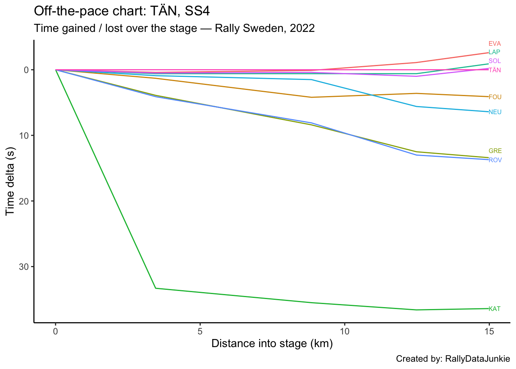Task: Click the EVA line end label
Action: (495, 44)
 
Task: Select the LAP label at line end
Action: (494, 52)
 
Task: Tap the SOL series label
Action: (495, 61)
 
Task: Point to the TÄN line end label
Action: (495, 70)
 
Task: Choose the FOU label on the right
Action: (495, 97)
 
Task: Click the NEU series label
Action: (495, 112)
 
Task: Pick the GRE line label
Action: (495, 151)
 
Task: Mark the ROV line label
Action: (495, 160)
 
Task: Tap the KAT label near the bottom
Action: (495, 309)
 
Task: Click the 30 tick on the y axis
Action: (24, 267)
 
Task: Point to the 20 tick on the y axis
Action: (24, 201)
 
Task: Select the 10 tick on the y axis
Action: (24, 136)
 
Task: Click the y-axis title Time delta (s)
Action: (10, 181)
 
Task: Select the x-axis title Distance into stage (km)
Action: (272, 344)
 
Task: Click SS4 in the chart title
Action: (197, 11)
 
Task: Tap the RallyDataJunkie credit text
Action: (477, 359)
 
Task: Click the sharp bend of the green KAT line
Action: (155, 288)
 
